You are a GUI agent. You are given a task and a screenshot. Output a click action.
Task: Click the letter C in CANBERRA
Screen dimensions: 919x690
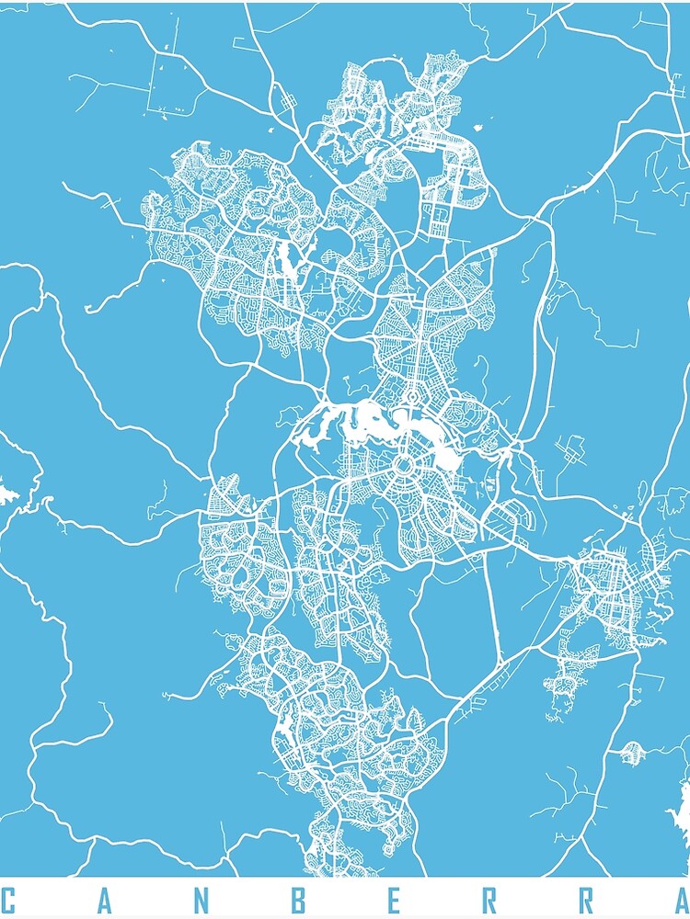[x=9, y=901]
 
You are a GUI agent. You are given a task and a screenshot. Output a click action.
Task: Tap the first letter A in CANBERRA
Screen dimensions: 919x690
[x=104, y=901]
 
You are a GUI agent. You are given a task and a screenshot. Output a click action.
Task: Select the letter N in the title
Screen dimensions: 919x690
[x=201, y=901]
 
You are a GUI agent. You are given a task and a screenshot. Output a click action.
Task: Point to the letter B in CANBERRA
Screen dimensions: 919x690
[x=297, y=901]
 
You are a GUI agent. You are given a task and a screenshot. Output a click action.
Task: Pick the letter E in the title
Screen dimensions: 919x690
[x=394, y=901]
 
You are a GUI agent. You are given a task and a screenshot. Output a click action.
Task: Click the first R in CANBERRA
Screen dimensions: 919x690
[x=489, y=901]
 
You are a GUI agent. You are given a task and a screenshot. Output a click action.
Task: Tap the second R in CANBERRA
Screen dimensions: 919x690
[x=585, y=901]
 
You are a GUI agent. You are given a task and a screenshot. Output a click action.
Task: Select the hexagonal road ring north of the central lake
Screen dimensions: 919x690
[x=411, y=398]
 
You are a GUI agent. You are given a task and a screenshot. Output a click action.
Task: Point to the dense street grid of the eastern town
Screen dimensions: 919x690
[x=607, y=588]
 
